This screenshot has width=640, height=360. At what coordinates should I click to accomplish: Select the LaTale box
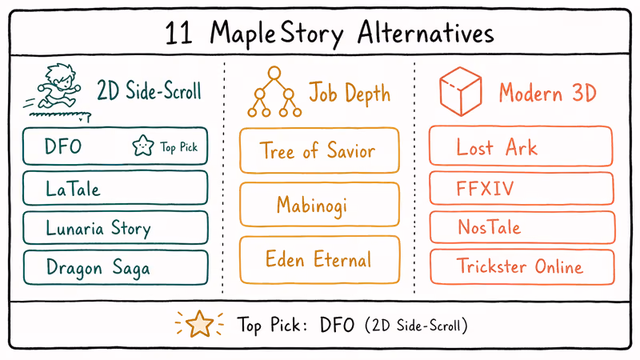click(x=115, y=189)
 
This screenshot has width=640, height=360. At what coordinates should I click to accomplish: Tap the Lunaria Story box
click(x=115, y=228)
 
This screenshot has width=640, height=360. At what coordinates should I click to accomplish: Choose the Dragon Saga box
click(x=115, y=266)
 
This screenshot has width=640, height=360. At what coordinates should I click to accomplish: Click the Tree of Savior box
click(x=318, y=150)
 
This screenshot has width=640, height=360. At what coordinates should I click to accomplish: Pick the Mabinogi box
click(x=318, y=204)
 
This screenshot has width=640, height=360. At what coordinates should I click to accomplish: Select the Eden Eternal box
click(x=318, y=259)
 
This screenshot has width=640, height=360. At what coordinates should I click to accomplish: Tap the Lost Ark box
click(x=521, y=147)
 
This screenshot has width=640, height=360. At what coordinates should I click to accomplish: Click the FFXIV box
click(x=521, y=189)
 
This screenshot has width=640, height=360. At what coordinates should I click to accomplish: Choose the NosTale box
click(x=521, y=227)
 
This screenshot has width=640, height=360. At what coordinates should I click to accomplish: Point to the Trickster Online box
click(x=521, y=266)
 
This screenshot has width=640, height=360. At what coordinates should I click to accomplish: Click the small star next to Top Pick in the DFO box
click(x=142, y=146)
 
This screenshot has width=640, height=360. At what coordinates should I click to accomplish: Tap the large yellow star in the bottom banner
click(x=198, y=323)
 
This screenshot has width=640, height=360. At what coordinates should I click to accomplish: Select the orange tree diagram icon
click(x=274, y=92)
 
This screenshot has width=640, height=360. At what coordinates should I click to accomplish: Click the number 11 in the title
click(x=182, y=34)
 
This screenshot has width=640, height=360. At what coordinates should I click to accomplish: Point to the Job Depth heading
click(x=350, y=94)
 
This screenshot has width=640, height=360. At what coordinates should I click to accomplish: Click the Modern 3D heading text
click(x=547, y=94)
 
